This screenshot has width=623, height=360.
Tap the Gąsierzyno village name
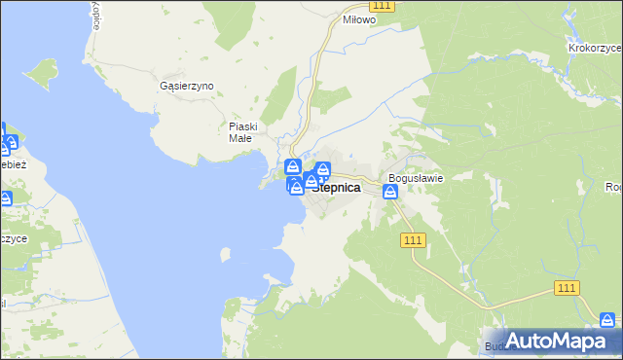186,86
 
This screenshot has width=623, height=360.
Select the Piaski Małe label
242,131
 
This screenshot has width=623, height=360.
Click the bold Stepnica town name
336,188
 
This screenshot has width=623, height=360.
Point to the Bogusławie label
416,178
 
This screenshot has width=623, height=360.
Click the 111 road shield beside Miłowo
382,6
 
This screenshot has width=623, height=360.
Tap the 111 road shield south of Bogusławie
414,240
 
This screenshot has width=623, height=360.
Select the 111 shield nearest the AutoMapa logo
568,288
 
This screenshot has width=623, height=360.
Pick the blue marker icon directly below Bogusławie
390,193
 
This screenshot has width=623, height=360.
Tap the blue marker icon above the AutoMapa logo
607,319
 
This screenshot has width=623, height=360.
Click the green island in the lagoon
42,73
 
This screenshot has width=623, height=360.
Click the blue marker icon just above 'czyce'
5,199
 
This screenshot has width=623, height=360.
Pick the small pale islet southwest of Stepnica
226,255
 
